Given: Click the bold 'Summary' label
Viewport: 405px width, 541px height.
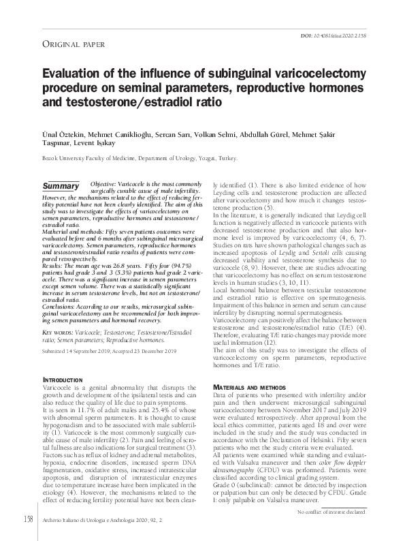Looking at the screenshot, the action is click(x=61, y=186).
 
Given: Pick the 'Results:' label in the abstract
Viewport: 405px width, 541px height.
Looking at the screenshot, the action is click(x=55, y=263).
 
